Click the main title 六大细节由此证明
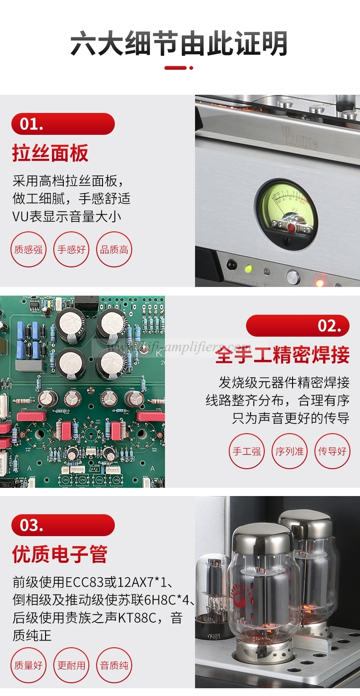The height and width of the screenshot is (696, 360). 179,44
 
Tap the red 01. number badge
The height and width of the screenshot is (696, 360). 63,124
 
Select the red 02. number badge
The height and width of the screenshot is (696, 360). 298,326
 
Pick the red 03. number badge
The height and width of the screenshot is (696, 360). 63,525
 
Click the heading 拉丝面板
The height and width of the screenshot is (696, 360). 50,154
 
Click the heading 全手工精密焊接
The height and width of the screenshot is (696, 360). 282,355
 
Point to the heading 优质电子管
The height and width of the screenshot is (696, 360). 60,554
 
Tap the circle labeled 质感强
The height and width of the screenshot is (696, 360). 29,250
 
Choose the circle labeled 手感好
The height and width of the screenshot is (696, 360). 72,250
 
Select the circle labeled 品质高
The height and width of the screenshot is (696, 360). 114,250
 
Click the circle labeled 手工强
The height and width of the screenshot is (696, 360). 247,451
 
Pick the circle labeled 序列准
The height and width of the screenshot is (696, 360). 289,451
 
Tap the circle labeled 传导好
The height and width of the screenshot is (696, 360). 332,451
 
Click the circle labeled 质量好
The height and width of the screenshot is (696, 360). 29,665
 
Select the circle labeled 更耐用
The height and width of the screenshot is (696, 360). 72,665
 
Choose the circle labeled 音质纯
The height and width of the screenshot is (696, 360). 114,665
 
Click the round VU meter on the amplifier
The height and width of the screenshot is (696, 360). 286,210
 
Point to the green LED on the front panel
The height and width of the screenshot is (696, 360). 248,268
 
